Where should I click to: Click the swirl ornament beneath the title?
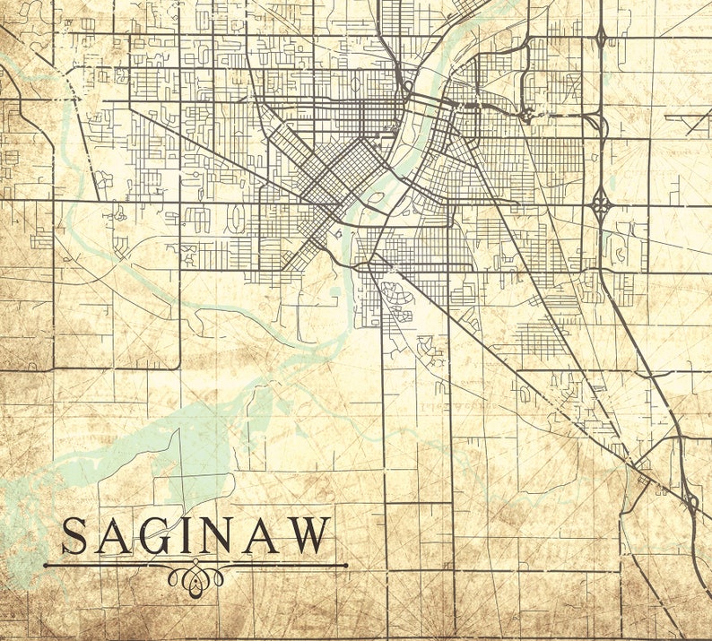(x=195, y=578)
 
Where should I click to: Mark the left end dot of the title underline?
(x=46, y=566)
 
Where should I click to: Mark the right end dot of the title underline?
(x=345, y=566)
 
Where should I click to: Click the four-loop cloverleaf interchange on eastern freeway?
(x=601, y=204)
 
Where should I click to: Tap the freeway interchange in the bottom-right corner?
(x=690, y=502)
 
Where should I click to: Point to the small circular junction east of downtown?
(x=526, y=115)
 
